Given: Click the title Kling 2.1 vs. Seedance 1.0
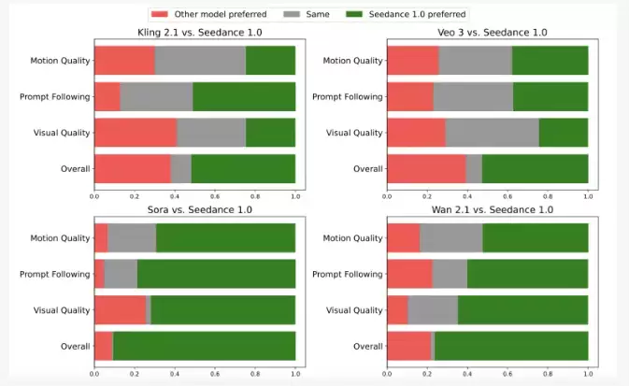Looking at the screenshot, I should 194,33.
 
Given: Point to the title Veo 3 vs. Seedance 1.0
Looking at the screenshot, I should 487,33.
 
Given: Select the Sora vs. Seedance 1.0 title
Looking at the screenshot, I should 194,209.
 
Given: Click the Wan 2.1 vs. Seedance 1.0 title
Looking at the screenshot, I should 487,209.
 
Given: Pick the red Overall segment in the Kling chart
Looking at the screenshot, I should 132,168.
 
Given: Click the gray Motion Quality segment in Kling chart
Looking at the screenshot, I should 200,61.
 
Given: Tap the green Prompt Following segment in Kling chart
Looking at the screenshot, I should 244,97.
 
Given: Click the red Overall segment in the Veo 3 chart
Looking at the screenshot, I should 426,168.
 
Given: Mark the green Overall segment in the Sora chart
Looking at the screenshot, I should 204,346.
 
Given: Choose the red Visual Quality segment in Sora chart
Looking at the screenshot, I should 120,310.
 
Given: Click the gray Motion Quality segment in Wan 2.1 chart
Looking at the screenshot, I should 450,238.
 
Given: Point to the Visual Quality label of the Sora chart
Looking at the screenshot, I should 60,310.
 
